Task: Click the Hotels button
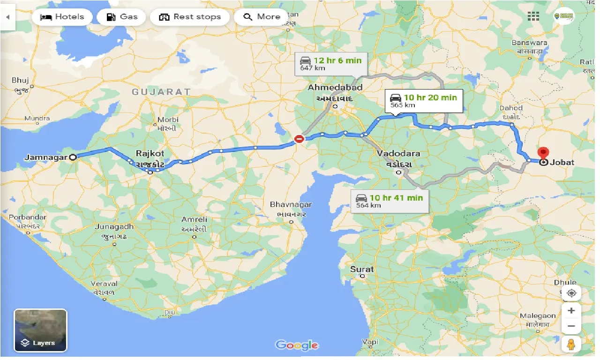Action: click(62, 17)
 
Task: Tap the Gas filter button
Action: click(122, 17)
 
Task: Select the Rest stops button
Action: click(190, 17)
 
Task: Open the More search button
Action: click(262, 17)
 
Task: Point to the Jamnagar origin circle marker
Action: click(73, 157)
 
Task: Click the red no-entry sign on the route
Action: click(299, 138)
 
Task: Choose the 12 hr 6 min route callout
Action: click(331, 63)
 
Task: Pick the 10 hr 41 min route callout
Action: click(390, 201)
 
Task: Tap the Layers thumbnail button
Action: click(40, 330)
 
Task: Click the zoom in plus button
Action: click(571, 310)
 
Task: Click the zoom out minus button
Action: click(571, 326)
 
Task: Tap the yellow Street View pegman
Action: click(571, 345)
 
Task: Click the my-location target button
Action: click(571, 293)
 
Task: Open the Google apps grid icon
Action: click(533, 16)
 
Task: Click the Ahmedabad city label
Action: click(335, 88)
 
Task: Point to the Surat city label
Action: click(362, 269)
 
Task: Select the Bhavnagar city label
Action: click(291, 205)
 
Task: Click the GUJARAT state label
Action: click(161, 92)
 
